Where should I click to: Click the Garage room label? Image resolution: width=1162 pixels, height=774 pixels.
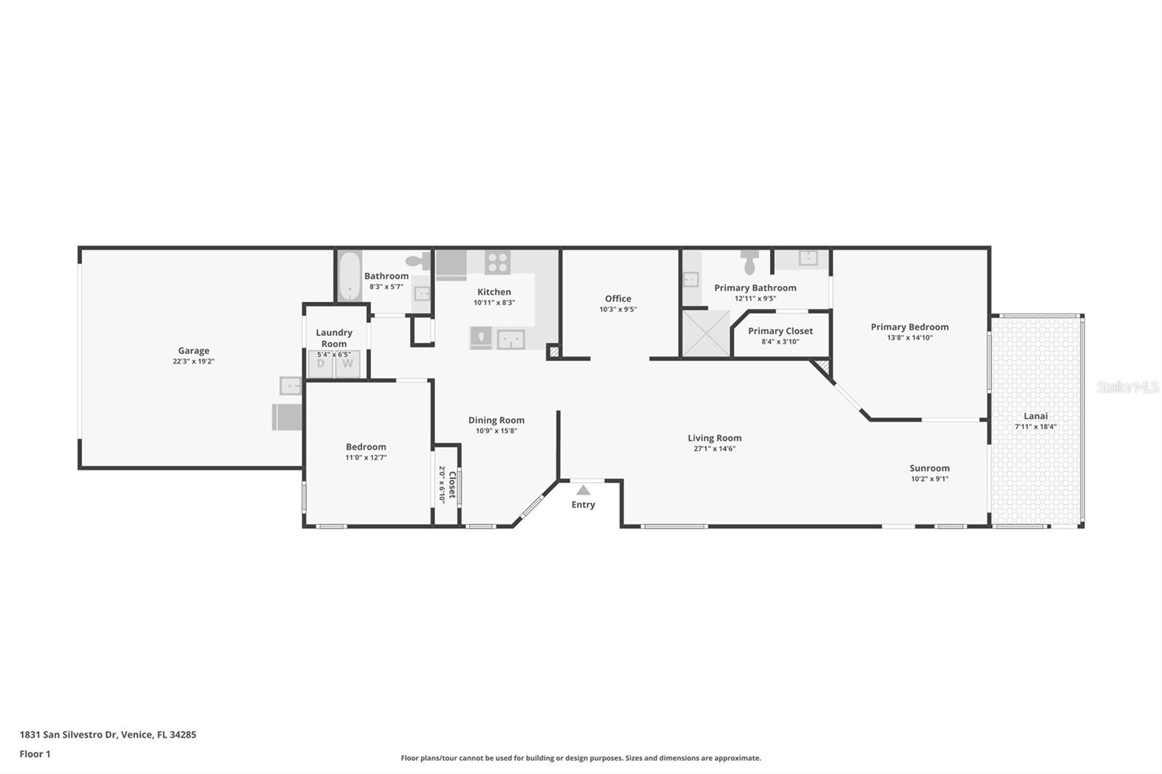pos(193,351)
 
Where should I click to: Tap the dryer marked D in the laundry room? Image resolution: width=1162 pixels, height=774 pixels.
pos(320,364)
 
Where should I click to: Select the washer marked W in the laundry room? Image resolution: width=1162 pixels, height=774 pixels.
pos(348,364)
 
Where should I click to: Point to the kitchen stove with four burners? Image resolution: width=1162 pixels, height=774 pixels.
pos(497,261)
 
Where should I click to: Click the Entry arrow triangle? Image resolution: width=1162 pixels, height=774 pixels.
pos(583,490)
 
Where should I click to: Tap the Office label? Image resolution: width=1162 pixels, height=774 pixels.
pos(618,298)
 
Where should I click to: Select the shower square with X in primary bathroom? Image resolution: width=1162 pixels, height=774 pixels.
pos(705,333)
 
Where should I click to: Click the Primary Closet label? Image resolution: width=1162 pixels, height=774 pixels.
pos(780,331)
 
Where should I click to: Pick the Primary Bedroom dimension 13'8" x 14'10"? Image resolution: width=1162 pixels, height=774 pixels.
pos(909,338)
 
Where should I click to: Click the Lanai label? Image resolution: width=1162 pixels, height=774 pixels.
pos(1036,416)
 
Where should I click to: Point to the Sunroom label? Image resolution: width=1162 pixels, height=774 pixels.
pos(929,468)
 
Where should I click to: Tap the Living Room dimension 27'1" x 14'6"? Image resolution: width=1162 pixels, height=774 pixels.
pos(715,449)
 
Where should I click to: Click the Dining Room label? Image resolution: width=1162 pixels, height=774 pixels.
pos(496,420)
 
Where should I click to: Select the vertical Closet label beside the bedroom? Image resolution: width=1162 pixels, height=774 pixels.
pos(452,484)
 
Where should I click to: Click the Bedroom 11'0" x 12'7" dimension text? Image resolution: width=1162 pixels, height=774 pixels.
pos(366,457)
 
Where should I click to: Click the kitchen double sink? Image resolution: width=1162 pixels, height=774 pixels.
pos(511,339)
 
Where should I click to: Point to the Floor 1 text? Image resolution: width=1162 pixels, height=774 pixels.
pos(35,754)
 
